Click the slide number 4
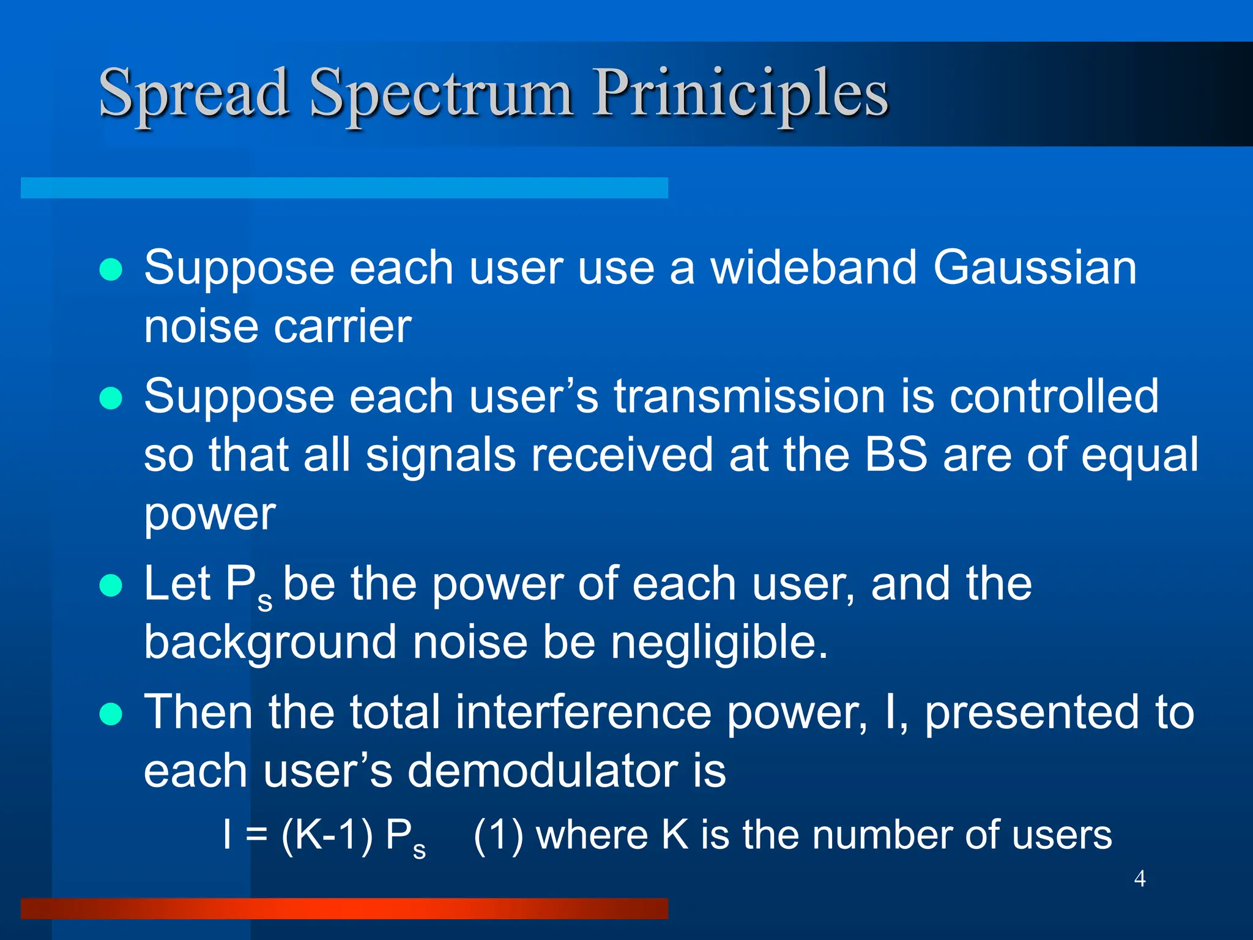point(1139,878)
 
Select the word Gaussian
point(1035,267)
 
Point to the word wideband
point(814,267)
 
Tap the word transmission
point(750,396)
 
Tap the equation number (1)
point(499,835)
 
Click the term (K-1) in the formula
point(327,835)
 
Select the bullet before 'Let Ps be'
point(111,585)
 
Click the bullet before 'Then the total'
point(111,714)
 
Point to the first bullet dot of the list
point(111,269)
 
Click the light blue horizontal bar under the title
point(344,188)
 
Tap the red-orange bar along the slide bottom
point(344,908)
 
